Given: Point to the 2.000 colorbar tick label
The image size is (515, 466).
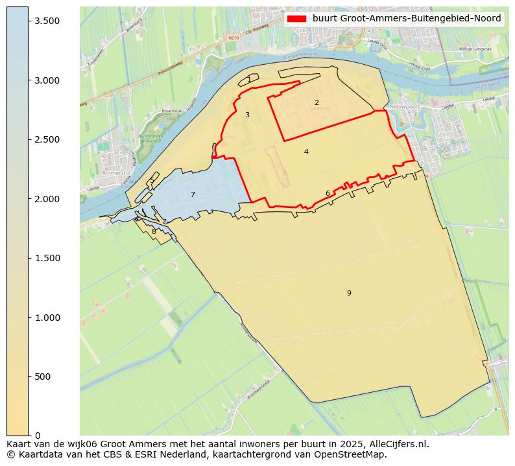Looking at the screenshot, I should coord(47,199).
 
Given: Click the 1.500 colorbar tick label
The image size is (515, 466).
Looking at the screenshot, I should coord(47,258).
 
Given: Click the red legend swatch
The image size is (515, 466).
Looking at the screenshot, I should coord(296,19).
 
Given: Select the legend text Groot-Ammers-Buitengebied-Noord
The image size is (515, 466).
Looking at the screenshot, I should coord(406,19).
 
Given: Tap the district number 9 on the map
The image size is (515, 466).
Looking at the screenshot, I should coord(349,293).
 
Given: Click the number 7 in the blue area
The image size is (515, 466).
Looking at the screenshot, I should coord(193,194).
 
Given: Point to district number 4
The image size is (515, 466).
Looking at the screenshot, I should coord(306,152).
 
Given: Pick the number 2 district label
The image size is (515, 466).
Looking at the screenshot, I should coord(317,102).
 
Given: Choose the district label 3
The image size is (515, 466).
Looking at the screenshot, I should coord(247,115).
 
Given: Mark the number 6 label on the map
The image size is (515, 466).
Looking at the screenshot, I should coord(328,193).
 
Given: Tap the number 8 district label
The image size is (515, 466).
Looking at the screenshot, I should coord(154,231).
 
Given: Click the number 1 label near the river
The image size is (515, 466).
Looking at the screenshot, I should coord(249,80).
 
